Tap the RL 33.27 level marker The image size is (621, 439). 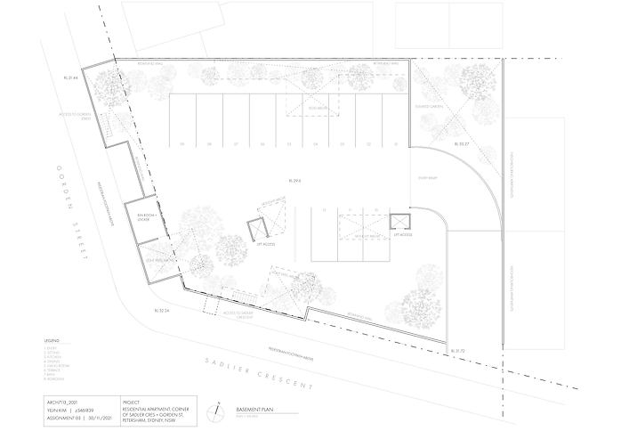461,143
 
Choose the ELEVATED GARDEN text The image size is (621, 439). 428,106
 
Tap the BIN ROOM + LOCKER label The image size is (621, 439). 141,216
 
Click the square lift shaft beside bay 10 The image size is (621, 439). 399,224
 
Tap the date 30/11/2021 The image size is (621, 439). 97,417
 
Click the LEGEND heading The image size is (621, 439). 51,341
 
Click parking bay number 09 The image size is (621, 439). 181,144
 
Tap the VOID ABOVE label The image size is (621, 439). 321,110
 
